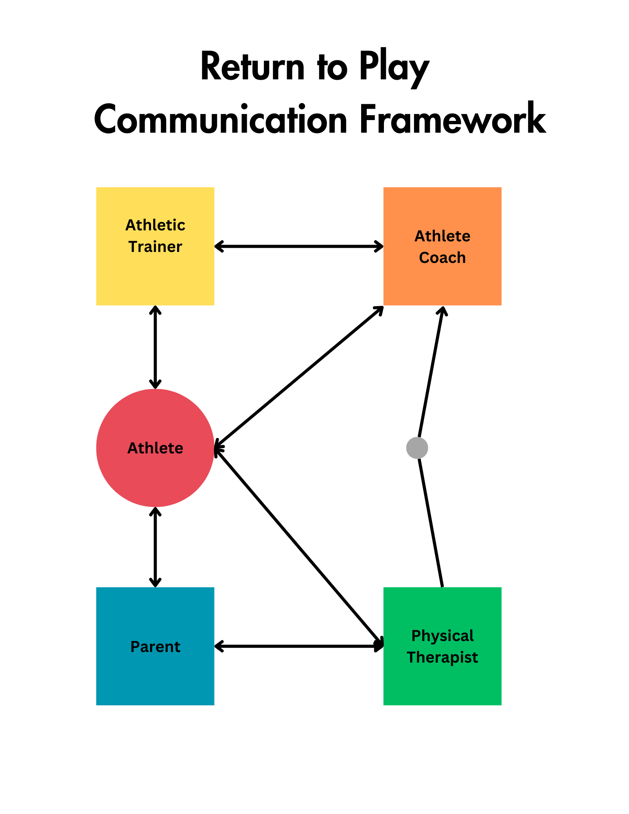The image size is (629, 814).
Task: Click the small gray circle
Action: coord(417,448)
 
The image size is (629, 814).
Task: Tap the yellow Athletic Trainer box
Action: coord(155,277)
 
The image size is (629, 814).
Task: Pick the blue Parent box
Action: coord(155,676)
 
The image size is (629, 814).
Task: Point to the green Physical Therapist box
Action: coord(442,684)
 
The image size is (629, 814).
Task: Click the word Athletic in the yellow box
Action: coord(155,225)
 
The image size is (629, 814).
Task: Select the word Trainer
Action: coord(155,247)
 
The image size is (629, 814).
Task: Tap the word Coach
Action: coord(442,258)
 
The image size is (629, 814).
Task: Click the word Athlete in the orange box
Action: coord(442,236)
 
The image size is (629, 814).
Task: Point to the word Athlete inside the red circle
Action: coord(155,448)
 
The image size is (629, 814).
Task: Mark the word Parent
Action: coord(155,647)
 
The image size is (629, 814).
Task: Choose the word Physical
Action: coord(442,636)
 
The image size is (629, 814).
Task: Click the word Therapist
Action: coord(442,657)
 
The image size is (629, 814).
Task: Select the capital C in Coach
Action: coord(424,258)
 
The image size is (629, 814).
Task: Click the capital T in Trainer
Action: coord(133,247)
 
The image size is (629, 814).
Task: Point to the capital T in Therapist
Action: coord(411,657)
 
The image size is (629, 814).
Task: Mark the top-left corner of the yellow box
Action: coord(96,188)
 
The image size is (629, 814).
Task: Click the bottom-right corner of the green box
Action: coord(501,705)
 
